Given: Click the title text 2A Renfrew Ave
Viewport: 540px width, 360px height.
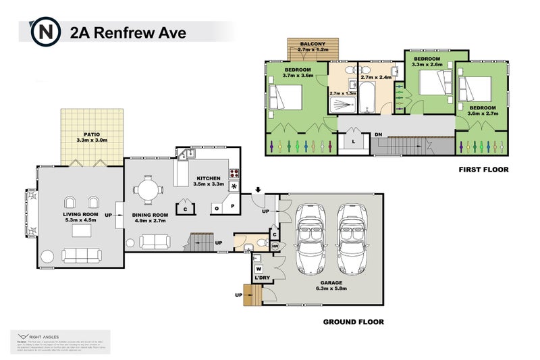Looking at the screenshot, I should (x=128, y=31).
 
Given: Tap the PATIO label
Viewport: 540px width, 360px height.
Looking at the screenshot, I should (x=92, y=134).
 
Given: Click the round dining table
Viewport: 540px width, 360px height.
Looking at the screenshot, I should (x=148, y=188).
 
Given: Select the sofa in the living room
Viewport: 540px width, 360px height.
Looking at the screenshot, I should (x=82, y=255).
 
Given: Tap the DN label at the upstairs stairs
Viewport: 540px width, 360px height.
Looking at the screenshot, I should (x=379, y=134).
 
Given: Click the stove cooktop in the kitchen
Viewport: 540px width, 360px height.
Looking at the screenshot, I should (x=234, y=174).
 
